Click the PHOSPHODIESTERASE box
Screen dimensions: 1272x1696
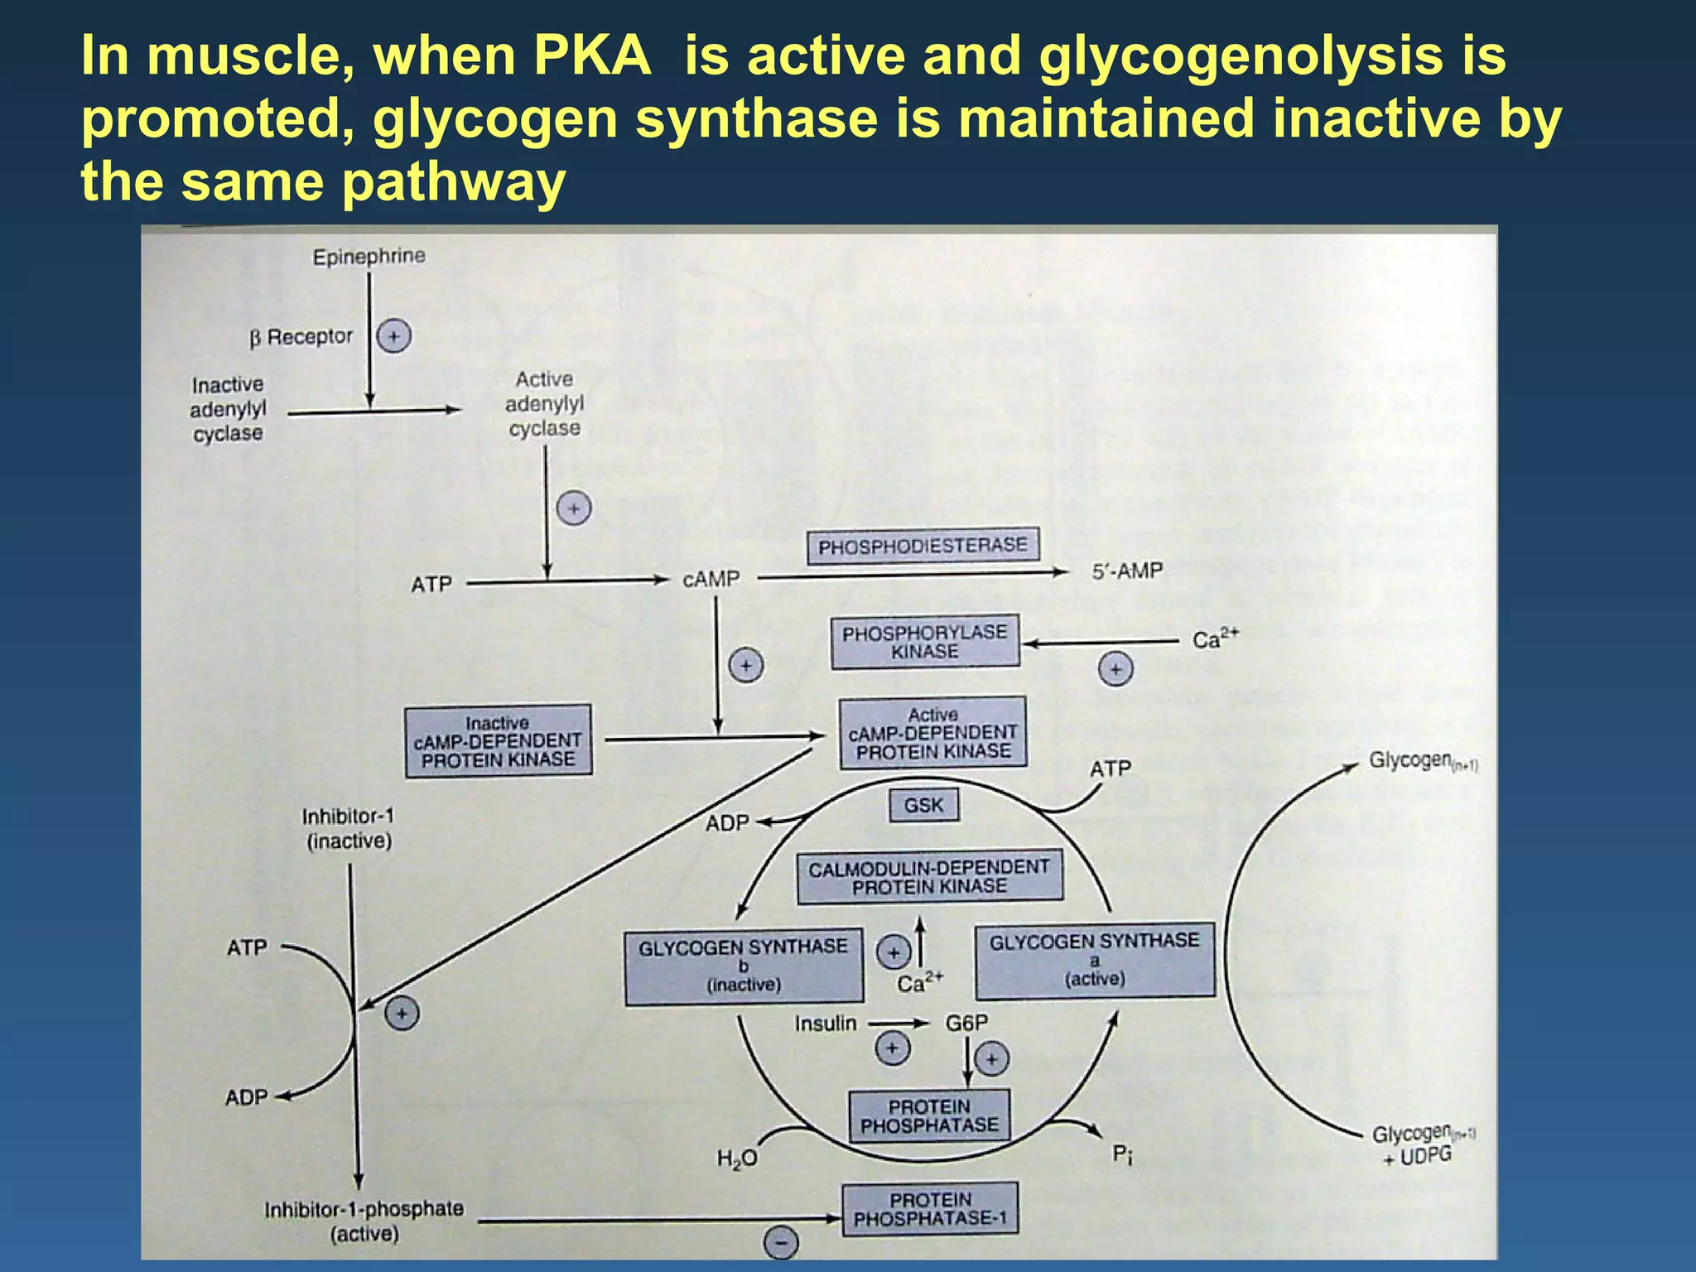click(x=923, y=547)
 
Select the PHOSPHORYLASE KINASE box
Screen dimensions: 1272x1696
click(x=925, y=642)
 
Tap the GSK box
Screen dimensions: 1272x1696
click(x=923, y=805)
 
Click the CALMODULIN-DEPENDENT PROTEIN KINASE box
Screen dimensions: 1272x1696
click(x=929, y=877)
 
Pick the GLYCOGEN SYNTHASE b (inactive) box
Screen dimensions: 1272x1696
click(x=743, y=966)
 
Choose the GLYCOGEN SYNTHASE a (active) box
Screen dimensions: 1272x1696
click(x=1094, y=960)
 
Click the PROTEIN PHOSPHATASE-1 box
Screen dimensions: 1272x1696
click(x=930, y=1209)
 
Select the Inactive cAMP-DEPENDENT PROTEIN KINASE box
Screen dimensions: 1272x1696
click(x=498, y=741)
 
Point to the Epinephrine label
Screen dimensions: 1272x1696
click(x=369, y=257)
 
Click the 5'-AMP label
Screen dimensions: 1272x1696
click(x=1127, y=571)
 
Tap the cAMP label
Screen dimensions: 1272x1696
click(x=711, y=580)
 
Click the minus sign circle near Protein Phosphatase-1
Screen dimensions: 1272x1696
click(x=780, y=1242)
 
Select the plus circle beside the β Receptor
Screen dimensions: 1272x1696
click(x=394, y=336)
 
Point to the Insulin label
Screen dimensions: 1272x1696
click(x=826, y=1024)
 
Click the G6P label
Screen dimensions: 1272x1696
click(x=966, y=1023)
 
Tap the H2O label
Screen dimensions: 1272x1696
click(x=736, y=1159)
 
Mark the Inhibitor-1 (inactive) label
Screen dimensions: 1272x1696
click(x=349, y=829)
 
